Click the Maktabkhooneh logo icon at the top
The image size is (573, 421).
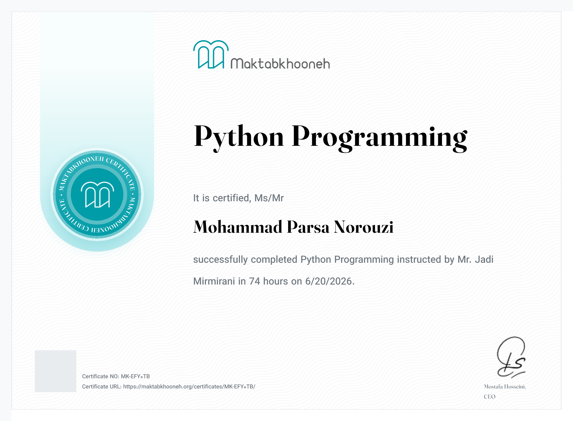211,54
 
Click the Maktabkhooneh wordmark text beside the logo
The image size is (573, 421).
280,64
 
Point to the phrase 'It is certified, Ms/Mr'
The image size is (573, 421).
238,198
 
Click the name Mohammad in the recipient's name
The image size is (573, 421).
238,227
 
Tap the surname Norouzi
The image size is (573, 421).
364,227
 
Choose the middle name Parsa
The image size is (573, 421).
308,227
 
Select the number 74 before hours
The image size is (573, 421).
254,281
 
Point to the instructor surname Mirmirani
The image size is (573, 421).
214,281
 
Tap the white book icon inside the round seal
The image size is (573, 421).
97,195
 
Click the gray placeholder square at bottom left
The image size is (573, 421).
55,371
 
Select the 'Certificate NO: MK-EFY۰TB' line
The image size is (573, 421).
116,376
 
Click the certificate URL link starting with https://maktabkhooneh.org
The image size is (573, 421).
189,386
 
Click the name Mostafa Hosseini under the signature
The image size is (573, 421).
505,386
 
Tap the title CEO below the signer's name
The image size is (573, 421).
490,397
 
